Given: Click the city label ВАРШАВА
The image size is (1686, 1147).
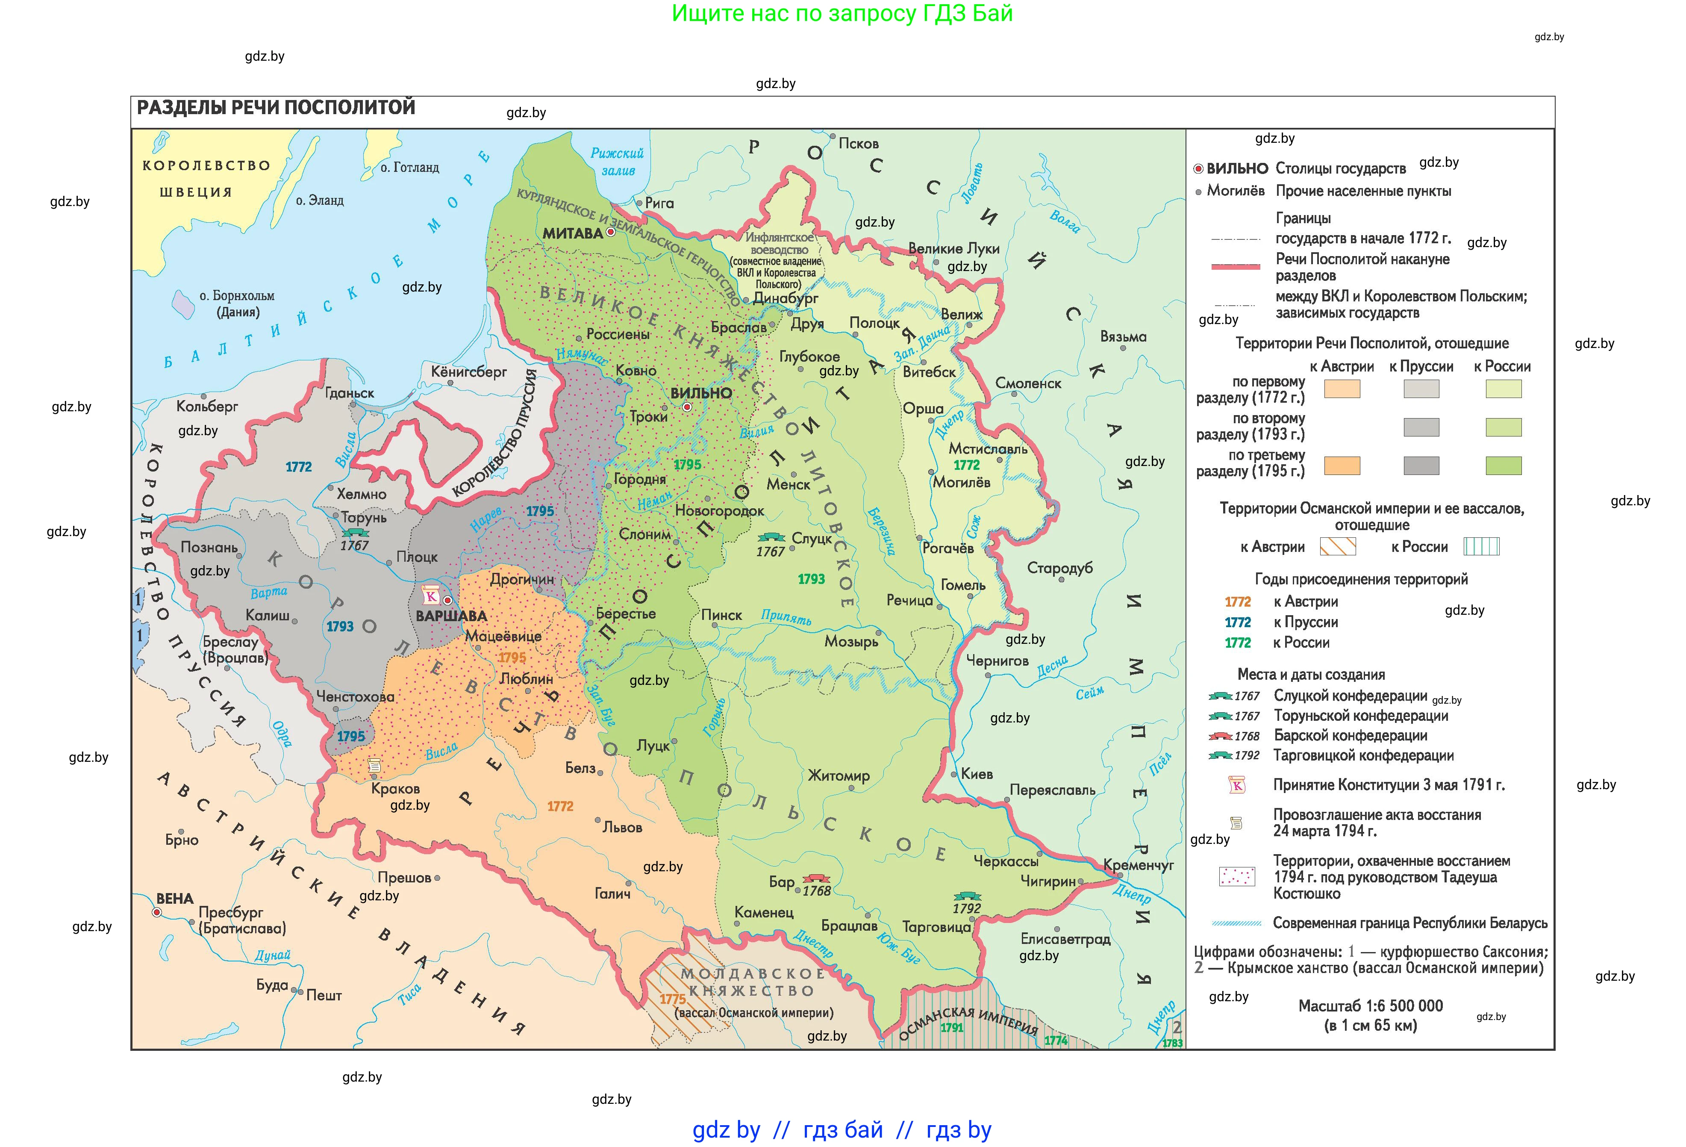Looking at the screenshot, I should (450, 616).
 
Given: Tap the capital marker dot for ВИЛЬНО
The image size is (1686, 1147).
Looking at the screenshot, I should (686, 408).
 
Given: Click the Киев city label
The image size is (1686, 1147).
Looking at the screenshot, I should (977, 774).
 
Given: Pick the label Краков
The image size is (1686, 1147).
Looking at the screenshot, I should (395, 789).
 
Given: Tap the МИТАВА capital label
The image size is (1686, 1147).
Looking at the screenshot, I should (572, 233).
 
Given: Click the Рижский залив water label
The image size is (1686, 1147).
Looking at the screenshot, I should (618, 162).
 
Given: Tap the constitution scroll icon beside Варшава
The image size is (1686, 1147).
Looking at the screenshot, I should (431, 596).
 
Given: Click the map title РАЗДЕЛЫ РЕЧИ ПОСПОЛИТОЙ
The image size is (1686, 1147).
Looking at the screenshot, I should (276, 108).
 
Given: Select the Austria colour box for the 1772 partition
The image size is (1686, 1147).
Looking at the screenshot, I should (1342, 389).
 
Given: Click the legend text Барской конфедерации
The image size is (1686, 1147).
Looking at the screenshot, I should (1350, 736).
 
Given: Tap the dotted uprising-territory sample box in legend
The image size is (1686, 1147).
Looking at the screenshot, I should (1236, 876).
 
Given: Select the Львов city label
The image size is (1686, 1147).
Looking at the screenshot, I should (622, 828).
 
